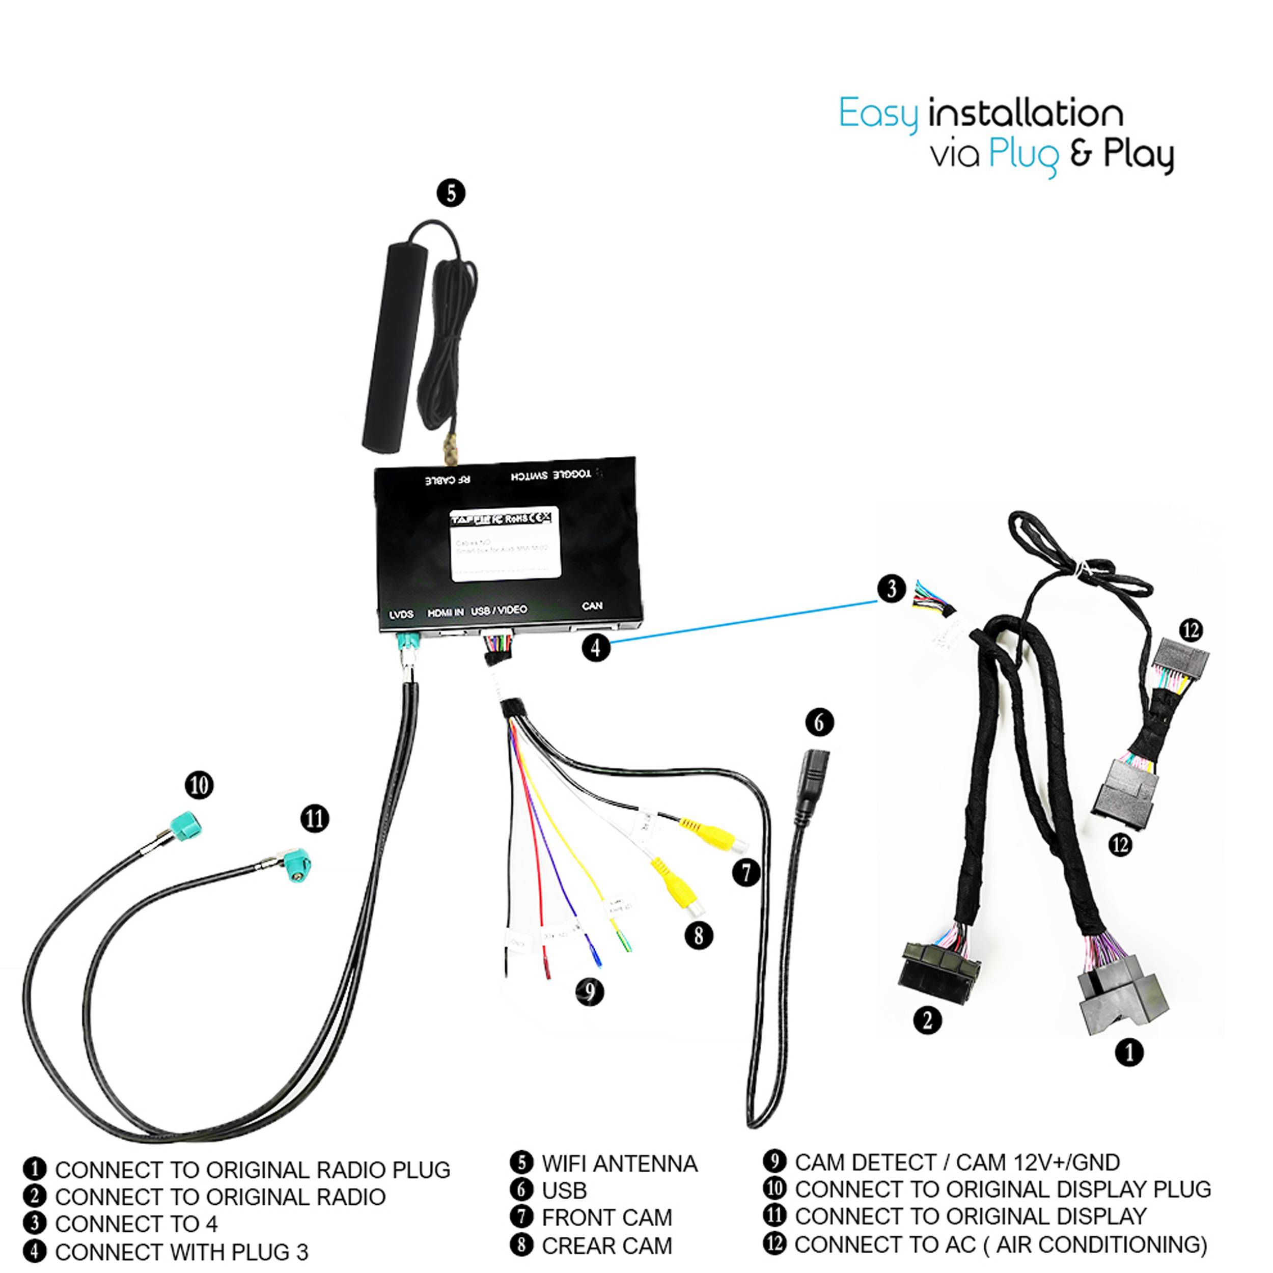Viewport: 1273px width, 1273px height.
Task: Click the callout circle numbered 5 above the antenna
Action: (451, 193)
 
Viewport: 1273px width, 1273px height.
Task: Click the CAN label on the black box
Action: (592, 605)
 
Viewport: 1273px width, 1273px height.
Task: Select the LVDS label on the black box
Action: (401, 614)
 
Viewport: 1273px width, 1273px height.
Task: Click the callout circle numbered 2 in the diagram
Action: (927, 1020)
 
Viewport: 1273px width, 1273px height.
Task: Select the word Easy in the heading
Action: (878, 114)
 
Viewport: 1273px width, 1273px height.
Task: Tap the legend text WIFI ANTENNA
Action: (619, 1164)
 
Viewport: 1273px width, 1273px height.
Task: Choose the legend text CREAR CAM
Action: (606, 1246)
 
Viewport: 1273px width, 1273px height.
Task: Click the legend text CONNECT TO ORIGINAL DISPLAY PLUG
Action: (1002, 1189)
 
